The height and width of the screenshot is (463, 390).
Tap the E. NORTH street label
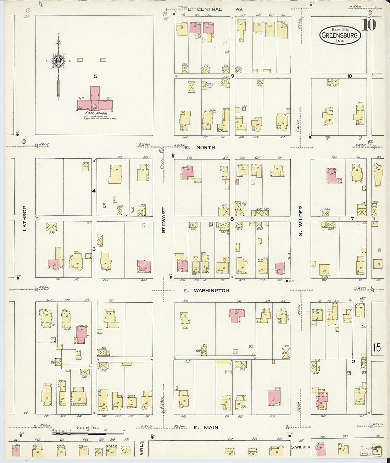tap(200, 147)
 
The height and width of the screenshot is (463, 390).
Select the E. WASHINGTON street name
tap(206, 291)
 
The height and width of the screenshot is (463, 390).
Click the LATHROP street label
tap(24, 218)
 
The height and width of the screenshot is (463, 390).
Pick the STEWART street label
tap(163, 220)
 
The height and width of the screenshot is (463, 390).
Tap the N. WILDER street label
tap(301, 221)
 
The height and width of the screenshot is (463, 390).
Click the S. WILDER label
tap(300, 447)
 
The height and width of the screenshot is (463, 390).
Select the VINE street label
tap(141, 450)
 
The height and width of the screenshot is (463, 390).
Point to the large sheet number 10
tap(369, 25)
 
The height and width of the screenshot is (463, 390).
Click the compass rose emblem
tap(58, 61)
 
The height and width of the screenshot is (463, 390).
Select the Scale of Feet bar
tap(88, 433)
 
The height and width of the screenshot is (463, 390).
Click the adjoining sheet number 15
tap(377, 347)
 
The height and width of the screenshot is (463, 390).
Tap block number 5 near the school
tap(95, 76)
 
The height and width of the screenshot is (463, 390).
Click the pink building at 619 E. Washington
tap(236, 315)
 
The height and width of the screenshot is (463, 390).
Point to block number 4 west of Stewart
tap(94, 191)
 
